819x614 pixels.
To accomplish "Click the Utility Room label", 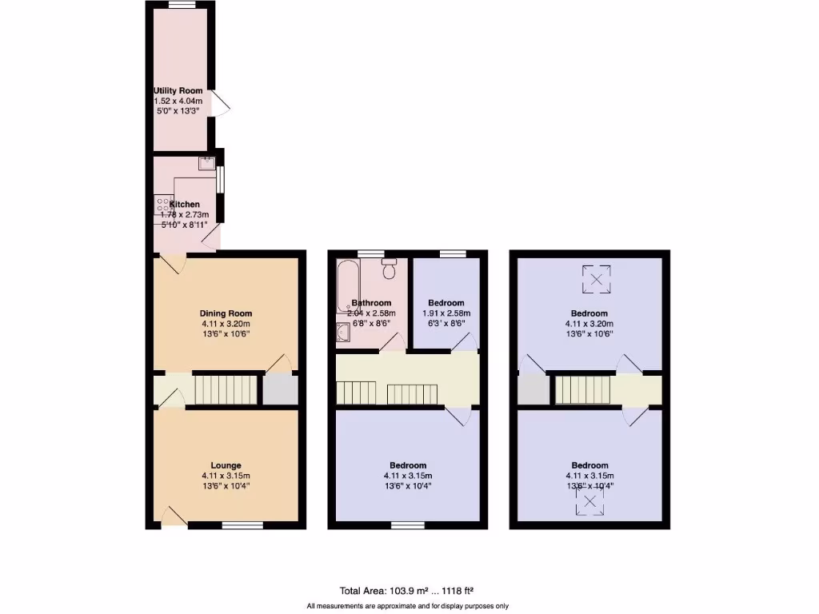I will point(178,91).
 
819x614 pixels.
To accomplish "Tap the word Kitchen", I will point(184,205).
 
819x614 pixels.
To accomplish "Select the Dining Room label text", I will point(226,313).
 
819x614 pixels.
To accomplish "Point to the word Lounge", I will point(226,465).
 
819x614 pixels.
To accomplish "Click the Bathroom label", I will point(372,303).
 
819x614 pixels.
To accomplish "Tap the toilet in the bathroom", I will point(390,269).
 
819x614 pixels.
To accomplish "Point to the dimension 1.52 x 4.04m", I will point(178,102).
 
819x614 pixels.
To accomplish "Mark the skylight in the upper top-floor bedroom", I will point(596,279).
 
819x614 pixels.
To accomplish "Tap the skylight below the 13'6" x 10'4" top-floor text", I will point(590,501).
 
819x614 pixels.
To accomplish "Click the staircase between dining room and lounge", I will point(228,391).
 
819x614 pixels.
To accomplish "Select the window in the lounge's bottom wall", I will point(242,525).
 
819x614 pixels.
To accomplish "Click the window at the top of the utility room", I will point(182,5).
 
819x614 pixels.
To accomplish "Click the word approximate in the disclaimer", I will point(389,605).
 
